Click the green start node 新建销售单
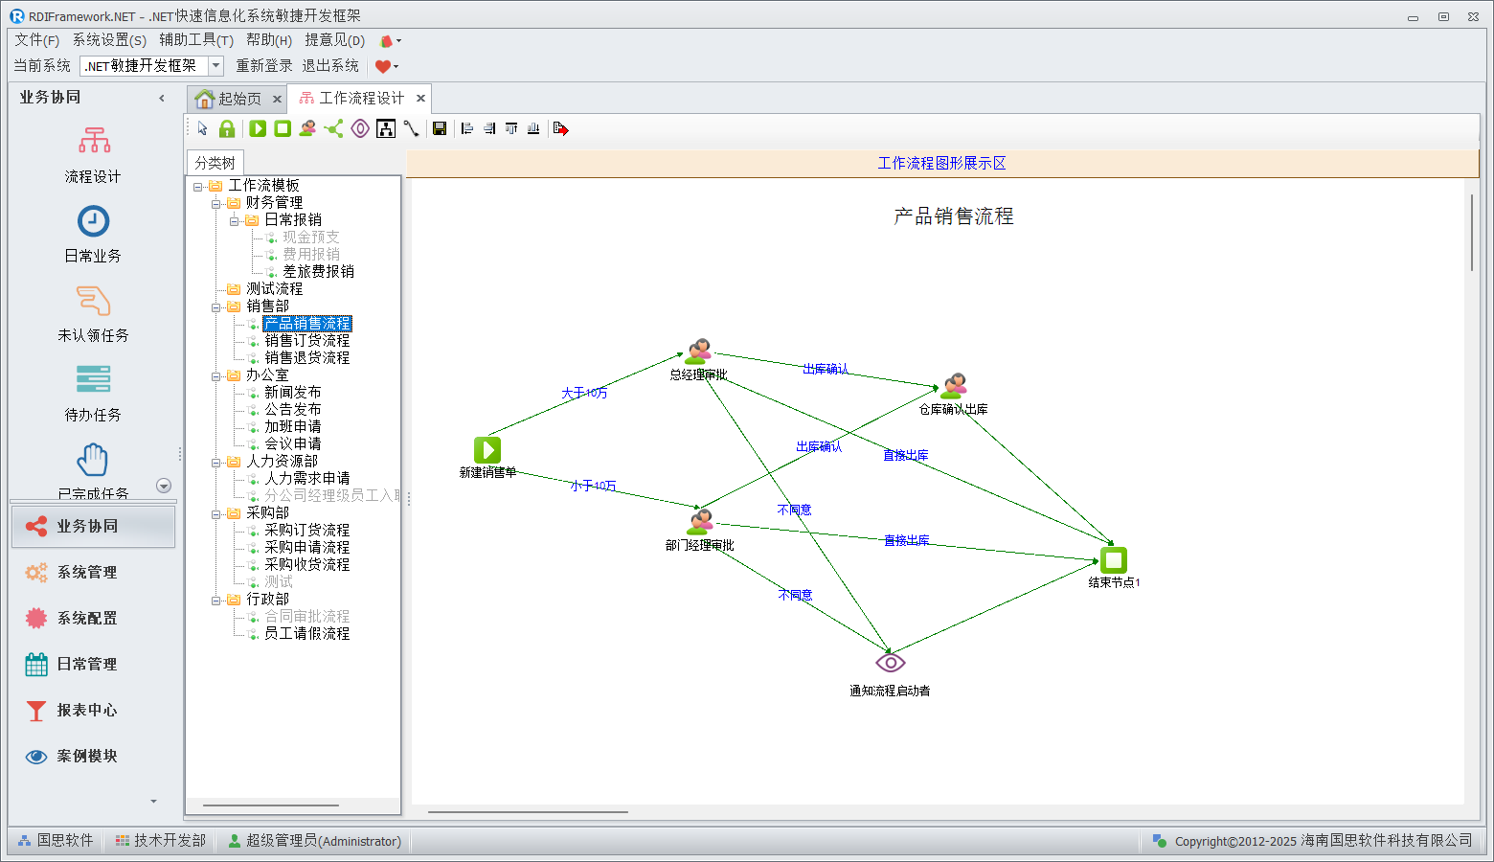click(487, 449)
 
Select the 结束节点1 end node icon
click(1113, 560)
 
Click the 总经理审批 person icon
click(699, 352)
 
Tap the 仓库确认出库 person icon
click(953, 386)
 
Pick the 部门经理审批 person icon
click(700, 522)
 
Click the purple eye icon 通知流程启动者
click(890, 663)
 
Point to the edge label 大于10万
click(584, 393)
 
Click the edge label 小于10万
click(594, 486)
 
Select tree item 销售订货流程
click(306, 341)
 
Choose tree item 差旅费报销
click(318, 272)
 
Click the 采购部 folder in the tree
click(267, 513)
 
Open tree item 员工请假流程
click(306, 634)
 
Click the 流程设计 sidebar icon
click(94, 141)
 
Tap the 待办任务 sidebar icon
click(93, 380)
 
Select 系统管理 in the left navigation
click(87, 572)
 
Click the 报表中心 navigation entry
click(87, 710)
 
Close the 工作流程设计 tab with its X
click(420, 98)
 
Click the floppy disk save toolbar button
click(440, 128)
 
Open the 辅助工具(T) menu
click(196, 39)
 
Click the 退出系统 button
click(330, 65)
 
